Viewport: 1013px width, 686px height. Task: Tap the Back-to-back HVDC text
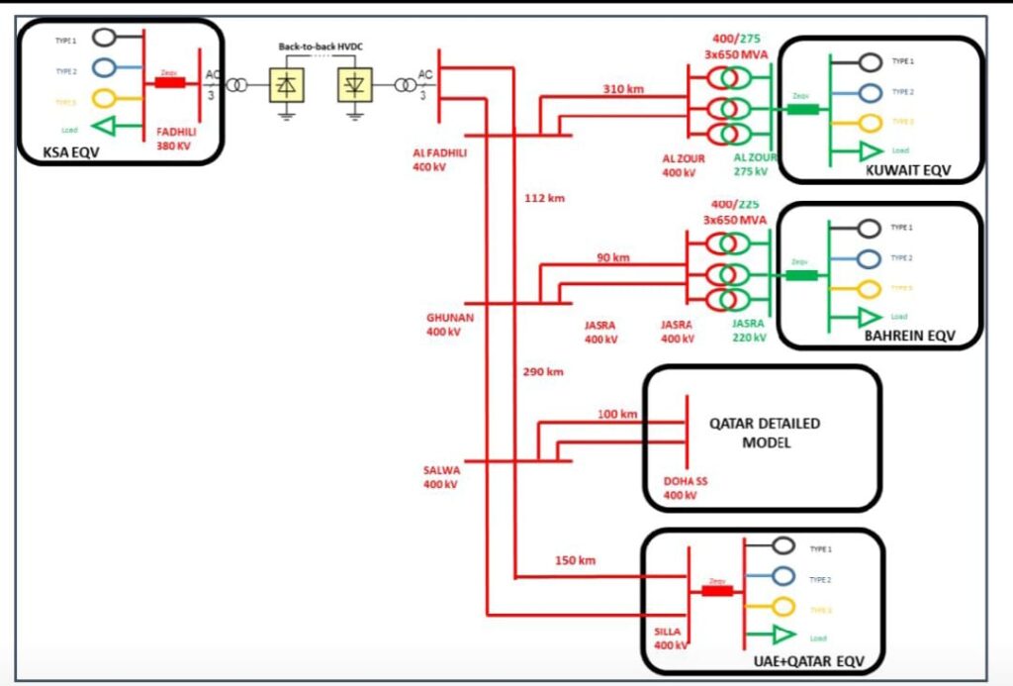click(319, 48)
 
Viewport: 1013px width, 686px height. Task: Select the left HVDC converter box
click(287, 86)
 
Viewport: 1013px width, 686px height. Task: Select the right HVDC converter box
click(353, 86)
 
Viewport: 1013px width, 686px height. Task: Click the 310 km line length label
click(623, 89)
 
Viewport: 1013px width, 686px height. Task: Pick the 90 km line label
click(613, 257)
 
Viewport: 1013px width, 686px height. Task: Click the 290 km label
click(543, 372)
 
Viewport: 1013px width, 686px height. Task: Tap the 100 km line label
click(617, 414)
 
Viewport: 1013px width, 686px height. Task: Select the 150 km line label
click(575, 560)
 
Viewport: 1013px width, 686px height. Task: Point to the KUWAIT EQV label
click(907, 170)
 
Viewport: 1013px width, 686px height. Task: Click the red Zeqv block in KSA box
click(169, 84)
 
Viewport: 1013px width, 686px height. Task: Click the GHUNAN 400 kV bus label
click(450, 324)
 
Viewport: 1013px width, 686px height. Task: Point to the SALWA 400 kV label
click(441, 477)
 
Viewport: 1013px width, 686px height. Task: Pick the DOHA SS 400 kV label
click(686, 487)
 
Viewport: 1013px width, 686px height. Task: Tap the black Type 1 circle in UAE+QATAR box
click(783, 545)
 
